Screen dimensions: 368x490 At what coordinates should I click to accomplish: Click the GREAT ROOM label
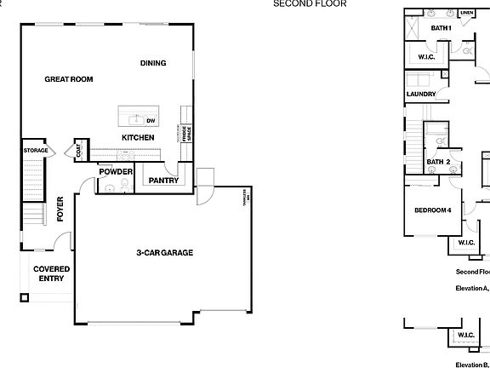click(x=68, y=79)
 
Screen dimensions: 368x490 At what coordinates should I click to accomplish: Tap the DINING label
click(x=153, y=63)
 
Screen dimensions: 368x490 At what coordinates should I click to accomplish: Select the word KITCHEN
click(x=137, y=137)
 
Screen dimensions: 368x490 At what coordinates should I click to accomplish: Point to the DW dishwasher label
click(x=162, y=121)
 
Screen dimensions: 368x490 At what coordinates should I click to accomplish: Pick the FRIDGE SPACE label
click(x=189, y=133)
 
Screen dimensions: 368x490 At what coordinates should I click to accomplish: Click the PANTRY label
click(x=162, y=181)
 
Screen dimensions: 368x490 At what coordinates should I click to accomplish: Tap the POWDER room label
click(x=116, y=171)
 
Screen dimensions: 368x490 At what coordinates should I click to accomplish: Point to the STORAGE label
click(x=36, y=151)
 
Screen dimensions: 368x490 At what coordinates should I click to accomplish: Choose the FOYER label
click(x=60, y=209)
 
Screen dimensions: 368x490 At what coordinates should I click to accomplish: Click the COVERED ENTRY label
click(x=51, y=273)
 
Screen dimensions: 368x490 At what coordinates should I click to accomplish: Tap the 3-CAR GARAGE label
click(x=165, y=253)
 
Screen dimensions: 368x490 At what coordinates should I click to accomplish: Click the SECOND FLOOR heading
click(x=298, y=3)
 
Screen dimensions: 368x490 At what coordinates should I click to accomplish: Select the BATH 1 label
click(x=440, y=28)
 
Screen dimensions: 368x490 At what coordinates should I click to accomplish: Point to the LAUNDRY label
click(x=421, y=95)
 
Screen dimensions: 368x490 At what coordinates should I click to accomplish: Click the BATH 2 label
click(x=438, y=162)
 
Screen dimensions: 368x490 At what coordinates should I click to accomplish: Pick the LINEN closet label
click(x=466, y=14)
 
